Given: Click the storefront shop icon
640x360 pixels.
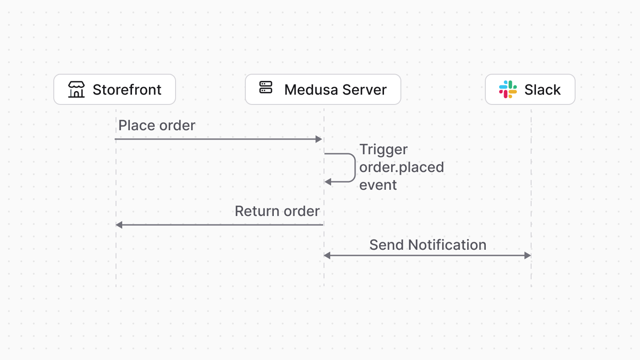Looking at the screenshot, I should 76,89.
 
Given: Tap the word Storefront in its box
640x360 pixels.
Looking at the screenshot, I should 127,90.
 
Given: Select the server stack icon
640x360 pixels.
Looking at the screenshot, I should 266,88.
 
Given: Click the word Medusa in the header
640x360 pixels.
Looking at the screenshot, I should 309,90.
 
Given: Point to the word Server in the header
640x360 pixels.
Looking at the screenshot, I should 365,90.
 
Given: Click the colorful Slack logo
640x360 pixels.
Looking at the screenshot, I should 508,89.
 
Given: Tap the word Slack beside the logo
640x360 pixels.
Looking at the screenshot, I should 543,90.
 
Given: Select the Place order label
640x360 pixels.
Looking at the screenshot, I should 157,125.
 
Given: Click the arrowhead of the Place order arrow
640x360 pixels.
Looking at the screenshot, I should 319,139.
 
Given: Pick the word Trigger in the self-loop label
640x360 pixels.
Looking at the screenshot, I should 384,149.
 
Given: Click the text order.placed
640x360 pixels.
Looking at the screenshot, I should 402,167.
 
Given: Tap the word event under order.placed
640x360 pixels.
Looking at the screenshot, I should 378,185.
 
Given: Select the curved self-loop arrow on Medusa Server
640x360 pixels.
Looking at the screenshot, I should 355,168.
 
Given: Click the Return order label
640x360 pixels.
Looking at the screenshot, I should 277,211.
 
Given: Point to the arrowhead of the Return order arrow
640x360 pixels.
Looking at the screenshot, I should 119,225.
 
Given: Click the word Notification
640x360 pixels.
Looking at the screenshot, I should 447,245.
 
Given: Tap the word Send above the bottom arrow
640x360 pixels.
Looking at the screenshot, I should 387,245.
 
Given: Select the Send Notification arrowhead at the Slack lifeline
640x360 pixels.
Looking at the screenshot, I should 528,256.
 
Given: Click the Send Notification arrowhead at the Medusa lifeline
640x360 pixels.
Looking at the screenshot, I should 327,256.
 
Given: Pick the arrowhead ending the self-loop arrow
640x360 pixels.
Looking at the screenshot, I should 328,182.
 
